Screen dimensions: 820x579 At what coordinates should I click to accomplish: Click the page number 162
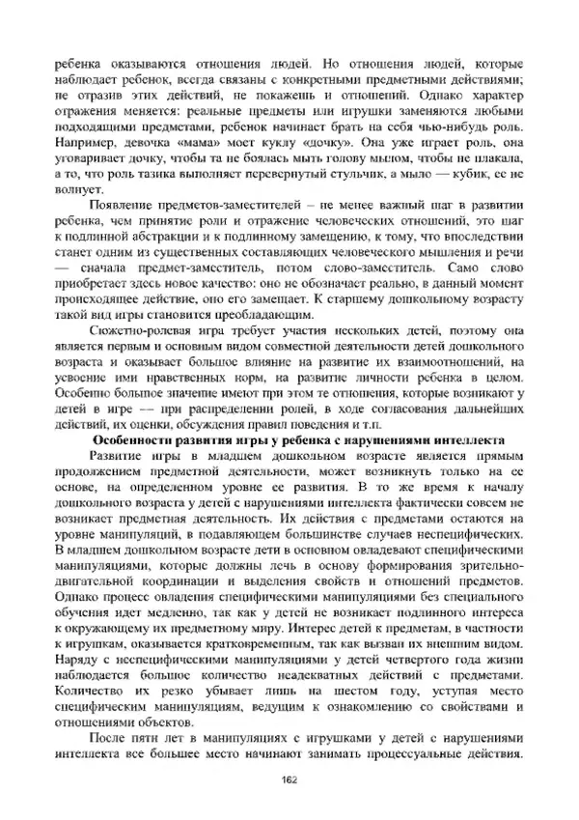(288, 780)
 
